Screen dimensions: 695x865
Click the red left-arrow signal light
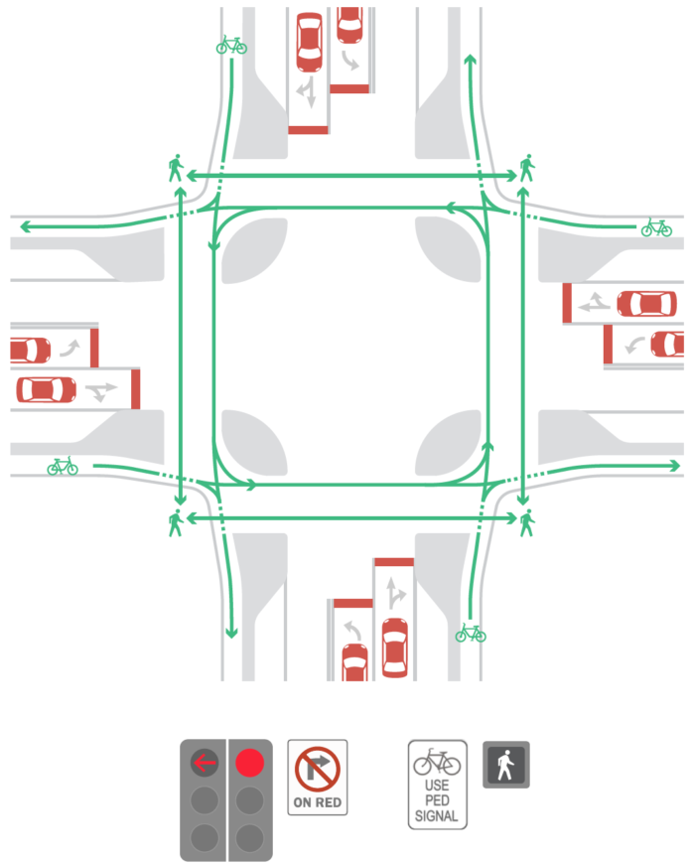(x=205, y=763)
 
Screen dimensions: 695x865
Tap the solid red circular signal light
(x=250, y=763)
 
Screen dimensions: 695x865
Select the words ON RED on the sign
(x=318, y=802)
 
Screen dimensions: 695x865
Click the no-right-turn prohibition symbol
(x=317, y=770)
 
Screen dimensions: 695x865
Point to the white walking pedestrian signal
(x=505, y=765)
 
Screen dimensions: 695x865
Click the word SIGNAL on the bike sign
(x=437, y=816)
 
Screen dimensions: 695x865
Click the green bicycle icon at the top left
(x=231, y=46)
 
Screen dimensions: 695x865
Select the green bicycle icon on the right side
(x=656, y=227)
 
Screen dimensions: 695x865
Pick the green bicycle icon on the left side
(x=63, y=466)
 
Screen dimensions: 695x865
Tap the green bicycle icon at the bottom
(x=471, y=634)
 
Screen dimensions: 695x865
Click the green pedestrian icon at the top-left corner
(x=176, y=168)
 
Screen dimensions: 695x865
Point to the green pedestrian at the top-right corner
(x=527, y=168)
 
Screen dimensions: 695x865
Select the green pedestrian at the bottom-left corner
(x=176, y=523)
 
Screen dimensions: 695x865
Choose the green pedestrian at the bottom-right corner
(x=527, y=523)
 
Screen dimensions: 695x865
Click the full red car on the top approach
(x=310, y=43)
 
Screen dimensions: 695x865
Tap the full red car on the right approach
(x=646, y=304)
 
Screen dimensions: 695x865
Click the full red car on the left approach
(x=47, y=389)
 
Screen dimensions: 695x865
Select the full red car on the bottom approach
(x=395, y=648)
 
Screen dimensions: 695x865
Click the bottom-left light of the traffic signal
(x=205, y=838)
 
